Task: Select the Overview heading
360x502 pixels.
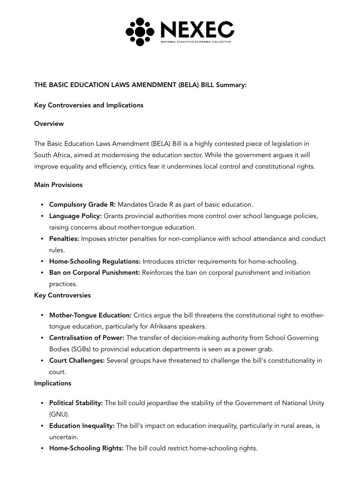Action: pyautogui.click(x=49, y=124)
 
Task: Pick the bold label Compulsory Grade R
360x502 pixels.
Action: pyautogui.click(x=82, y=205)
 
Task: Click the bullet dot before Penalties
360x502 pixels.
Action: pyautogui.click(x=42, y=239)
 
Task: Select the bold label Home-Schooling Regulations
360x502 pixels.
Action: pyautogui.click(x=95, y=261)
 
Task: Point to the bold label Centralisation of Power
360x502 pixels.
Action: pyautogui.click(x=87, y=337)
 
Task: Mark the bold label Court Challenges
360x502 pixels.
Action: pyautogui.click(x=77, y=361)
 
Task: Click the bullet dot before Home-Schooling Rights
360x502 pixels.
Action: pyautogui.click(x=42, y=448)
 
